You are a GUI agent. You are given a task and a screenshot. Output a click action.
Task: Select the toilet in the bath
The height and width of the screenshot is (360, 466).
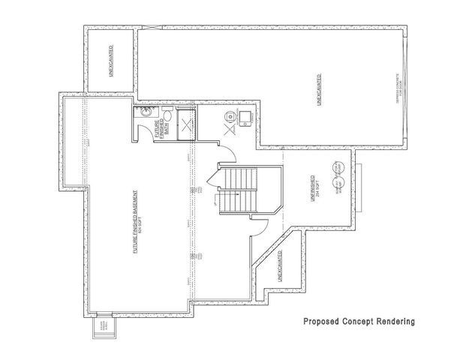(x=168, y=117)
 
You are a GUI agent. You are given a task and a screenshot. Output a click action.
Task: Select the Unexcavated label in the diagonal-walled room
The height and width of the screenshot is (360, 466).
(x=280, y=266)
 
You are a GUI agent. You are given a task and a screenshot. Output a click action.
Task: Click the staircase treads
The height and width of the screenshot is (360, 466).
(x=239, y=191)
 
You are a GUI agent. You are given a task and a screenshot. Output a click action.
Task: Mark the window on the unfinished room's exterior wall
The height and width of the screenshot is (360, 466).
(x=359, y=184)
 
